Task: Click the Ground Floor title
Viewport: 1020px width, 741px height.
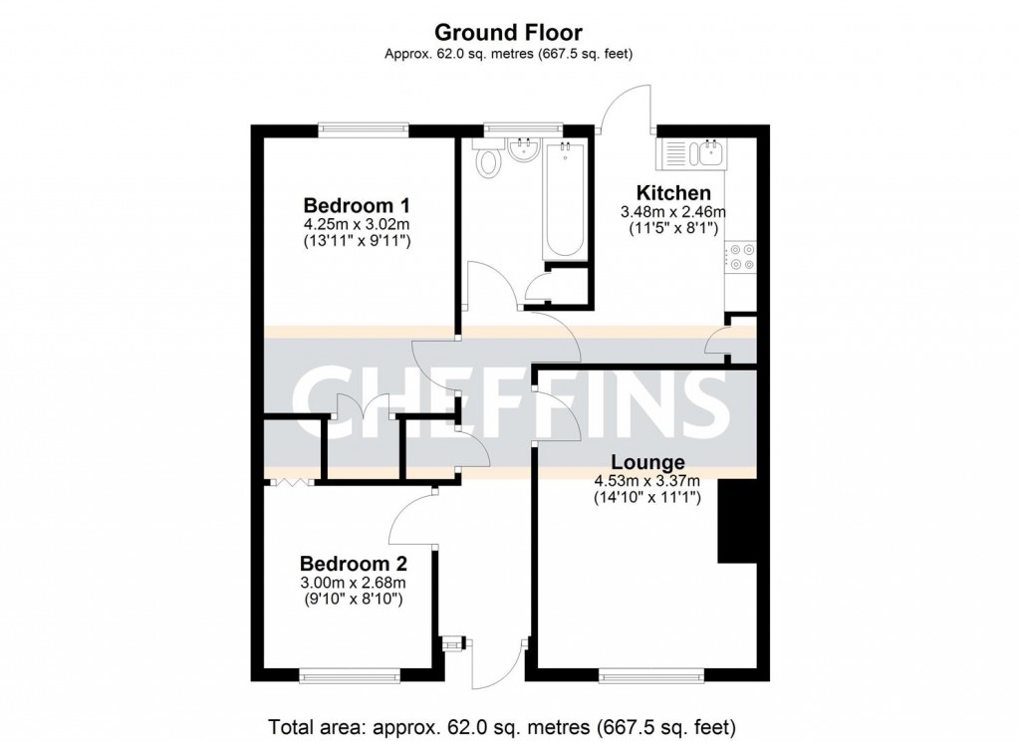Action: pyautogui.click(x=509, y=34)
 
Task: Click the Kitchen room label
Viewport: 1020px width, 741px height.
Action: pyautogui.click(x=673, y=192)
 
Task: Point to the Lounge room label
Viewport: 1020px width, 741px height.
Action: pyautogui.click(x=647, y=462)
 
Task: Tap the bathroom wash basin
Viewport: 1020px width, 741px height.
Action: pyautogui.click(x=523, y=151)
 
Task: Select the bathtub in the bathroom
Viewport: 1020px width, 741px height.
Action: pyautogui.click(x=565, y=200)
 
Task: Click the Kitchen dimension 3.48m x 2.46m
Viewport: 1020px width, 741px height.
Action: pyautogui.click(x=673, y=211)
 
